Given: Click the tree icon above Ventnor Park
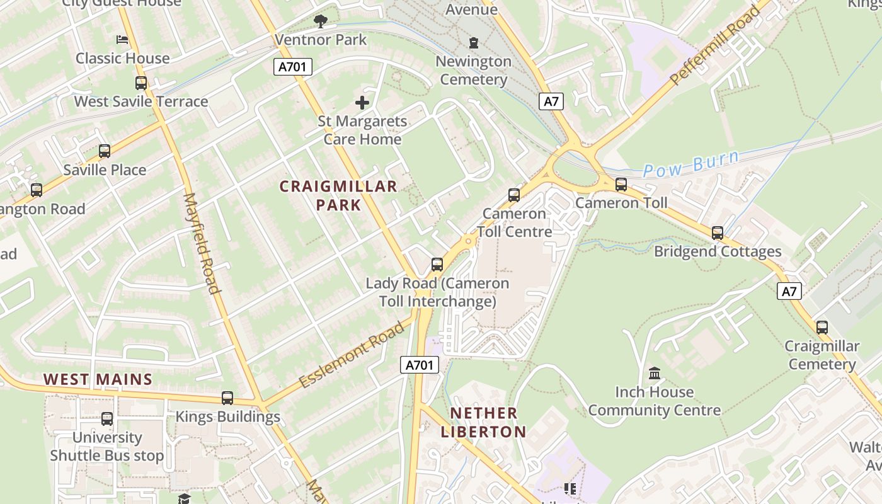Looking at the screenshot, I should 321,22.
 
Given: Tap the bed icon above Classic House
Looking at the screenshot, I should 122,40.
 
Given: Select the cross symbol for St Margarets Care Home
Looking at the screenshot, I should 362,102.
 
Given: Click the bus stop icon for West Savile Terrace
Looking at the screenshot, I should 141,83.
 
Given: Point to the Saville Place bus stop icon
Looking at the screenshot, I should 105,151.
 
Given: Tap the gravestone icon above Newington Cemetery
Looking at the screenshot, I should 473,43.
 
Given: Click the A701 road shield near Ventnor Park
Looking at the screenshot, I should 293,67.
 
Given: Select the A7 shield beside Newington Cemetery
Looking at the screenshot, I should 551,101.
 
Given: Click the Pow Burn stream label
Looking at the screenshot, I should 690,163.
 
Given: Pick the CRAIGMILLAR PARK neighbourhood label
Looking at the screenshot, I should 338,195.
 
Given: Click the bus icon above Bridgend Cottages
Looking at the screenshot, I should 718,233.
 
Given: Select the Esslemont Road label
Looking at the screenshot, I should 351,355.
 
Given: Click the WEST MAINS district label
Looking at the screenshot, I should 98,379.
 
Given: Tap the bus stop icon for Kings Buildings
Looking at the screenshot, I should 227,398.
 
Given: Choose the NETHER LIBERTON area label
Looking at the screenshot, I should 484,422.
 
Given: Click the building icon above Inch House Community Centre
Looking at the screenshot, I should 655,374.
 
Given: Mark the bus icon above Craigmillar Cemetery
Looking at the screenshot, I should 822,328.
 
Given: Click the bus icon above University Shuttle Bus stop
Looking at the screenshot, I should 107,419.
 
